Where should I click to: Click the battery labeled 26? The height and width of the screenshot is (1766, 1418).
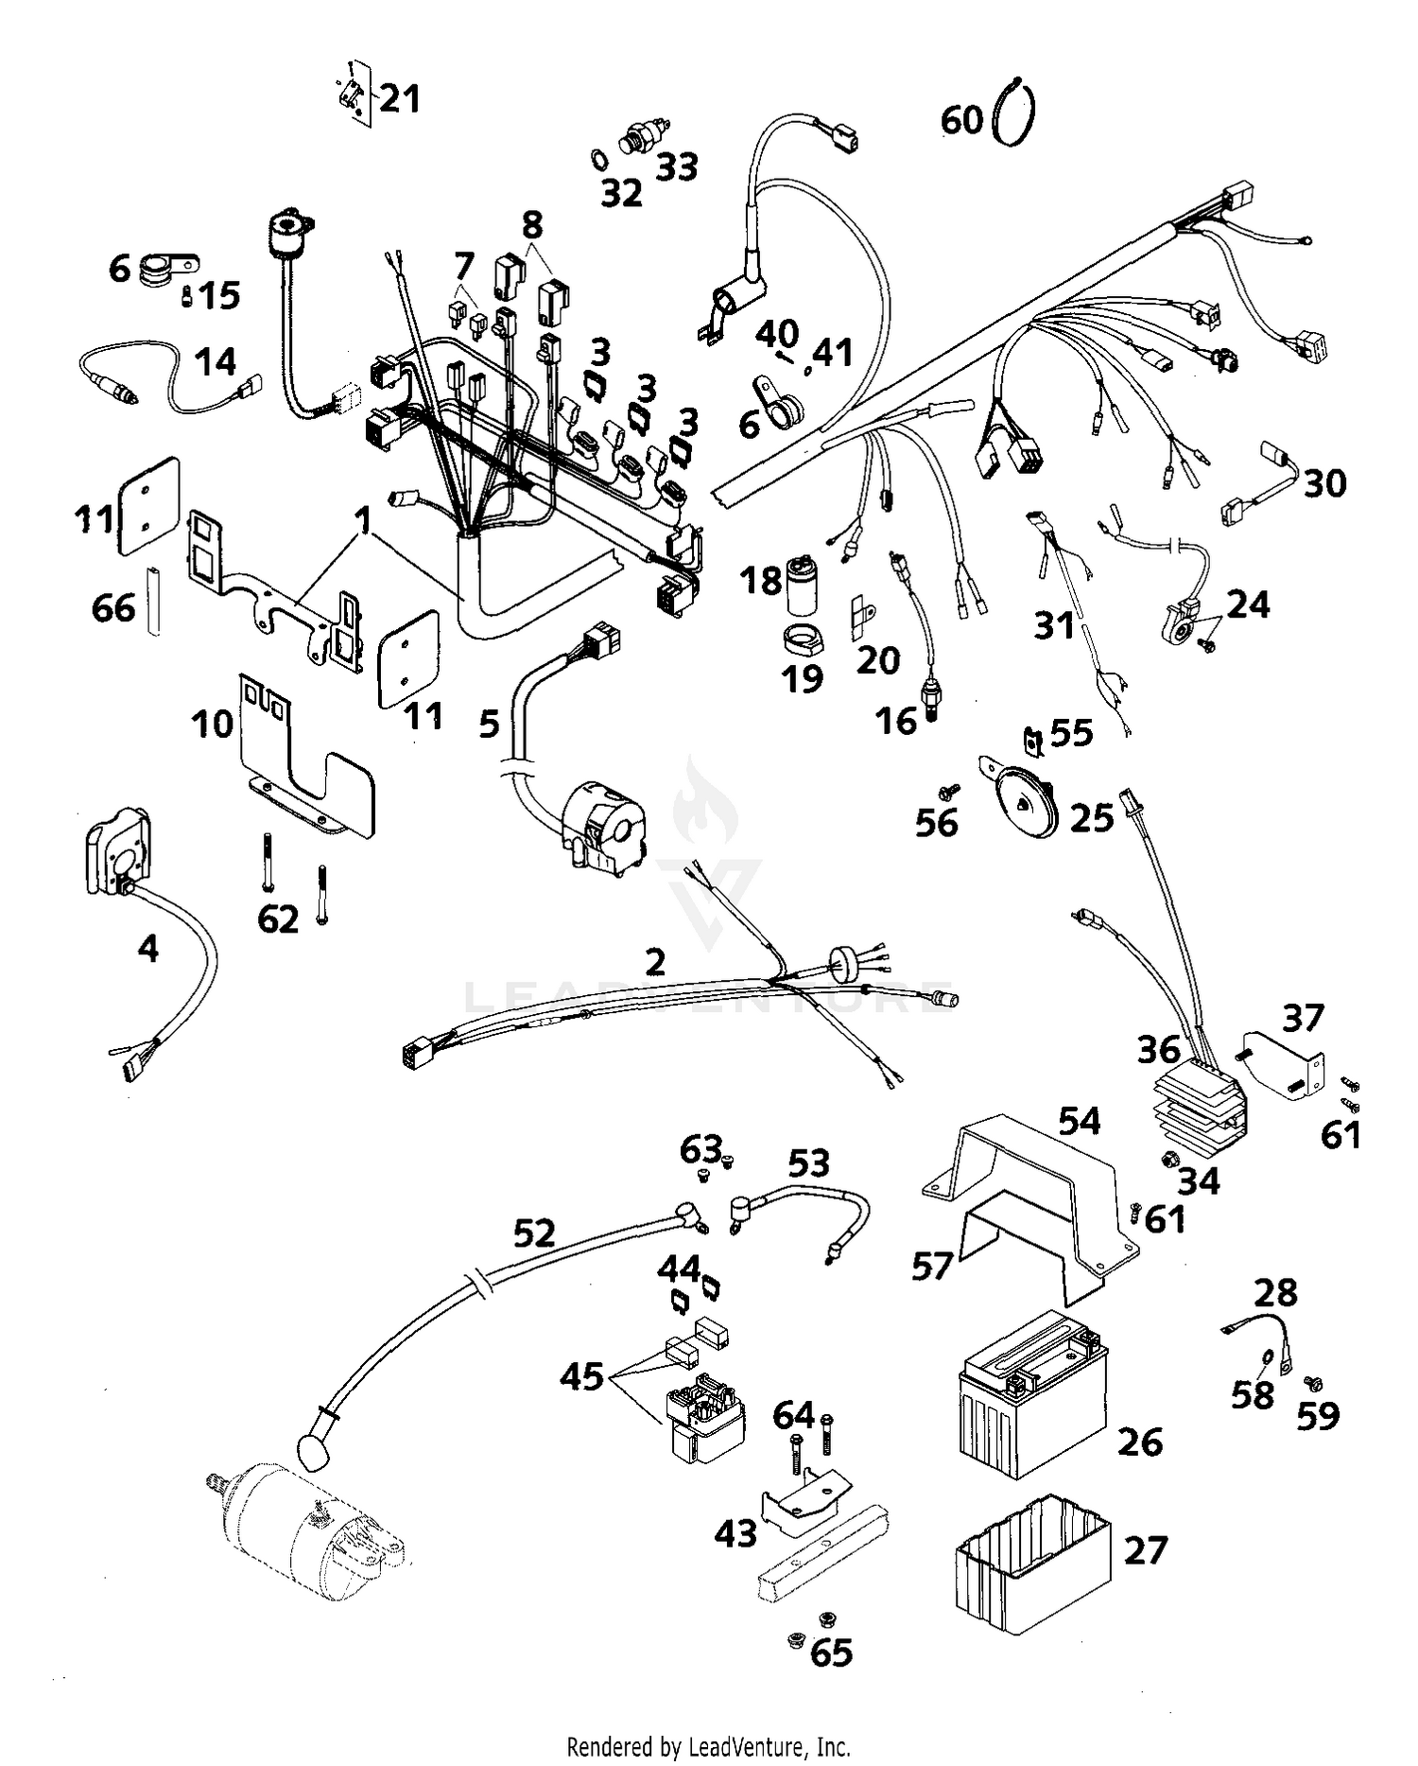click(1030, 1395)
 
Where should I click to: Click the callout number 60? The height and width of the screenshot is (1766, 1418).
click(961, 121)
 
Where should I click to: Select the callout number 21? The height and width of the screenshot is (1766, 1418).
click(399, 98)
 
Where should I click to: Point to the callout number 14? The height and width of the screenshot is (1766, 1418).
click(216, 361)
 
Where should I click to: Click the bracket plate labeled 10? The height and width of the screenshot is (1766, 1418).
click(303, 761)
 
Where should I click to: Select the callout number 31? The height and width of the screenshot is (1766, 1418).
click(1054, 625)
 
